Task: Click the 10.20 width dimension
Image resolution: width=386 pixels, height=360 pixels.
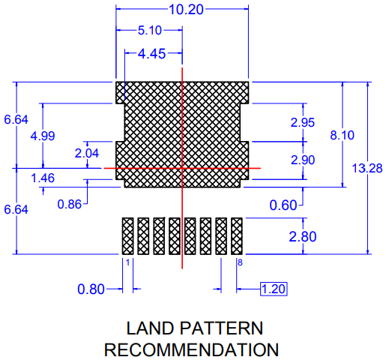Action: click(186, 10)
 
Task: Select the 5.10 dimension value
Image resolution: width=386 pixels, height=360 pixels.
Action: click(150, 30)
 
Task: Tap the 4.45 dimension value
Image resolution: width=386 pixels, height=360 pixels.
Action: click(152, 54)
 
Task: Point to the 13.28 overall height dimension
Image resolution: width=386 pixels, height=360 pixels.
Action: click(367, 168)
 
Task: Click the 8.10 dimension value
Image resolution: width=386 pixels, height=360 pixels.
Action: click(343, 135)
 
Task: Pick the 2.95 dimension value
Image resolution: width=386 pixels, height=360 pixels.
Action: click(303, 122)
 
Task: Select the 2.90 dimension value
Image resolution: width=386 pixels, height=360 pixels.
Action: click(303, 160)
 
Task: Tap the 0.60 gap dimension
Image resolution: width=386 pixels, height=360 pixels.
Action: click(283, 205)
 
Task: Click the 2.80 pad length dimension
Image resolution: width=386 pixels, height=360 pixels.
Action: click(303, 236)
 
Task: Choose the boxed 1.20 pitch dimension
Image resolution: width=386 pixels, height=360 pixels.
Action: click(274, 289)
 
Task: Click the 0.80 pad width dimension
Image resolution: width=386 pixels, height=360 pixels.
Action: click(91, 289)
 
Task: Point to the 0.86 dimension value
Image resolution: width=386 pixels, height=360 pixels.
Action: click(70, 204)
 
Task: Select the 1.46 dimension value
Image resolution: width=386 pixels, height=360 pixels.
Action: click(43, 178)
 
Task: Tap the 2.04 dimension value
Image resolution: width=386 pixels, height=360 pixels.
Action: click(87, 153)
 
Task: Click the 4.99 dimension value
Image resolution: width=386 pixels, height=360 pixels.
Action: click(43, 136)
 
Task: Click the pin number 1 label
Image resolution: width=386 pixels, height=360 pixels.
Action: click(127, 262)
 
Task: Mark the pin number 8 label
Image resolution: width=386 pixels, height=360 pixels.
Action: click(240, 262)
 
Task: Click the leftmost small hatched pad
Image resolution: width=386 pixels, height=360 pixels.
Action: click(127, 236)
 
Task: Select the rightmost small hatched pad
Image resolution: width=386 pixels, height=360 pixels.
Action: click(237, 236)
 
